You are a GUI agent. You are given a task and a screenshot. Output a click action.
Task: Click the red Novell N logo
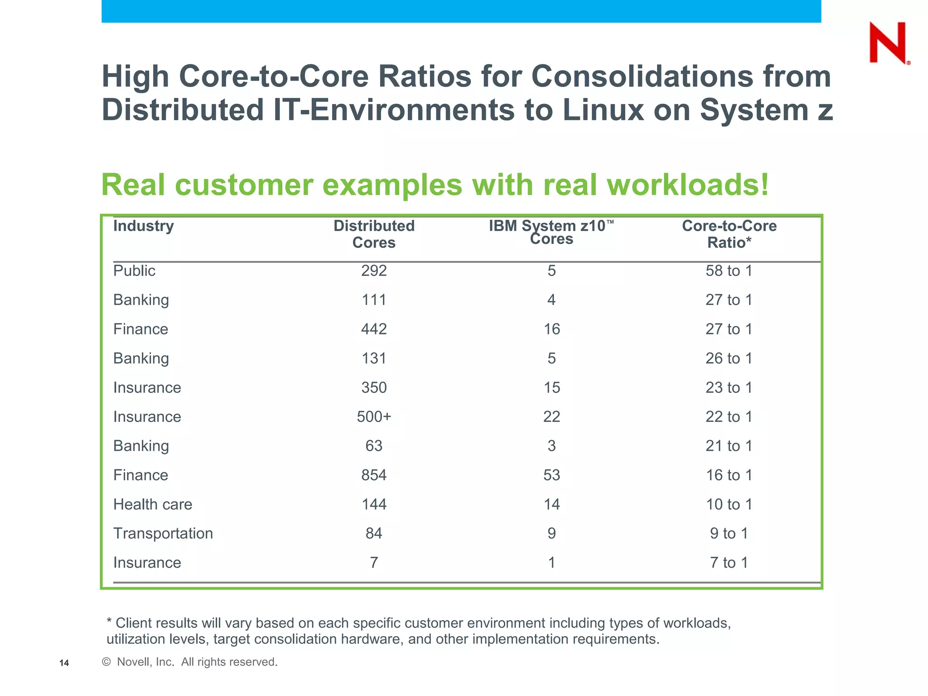coord(888,43)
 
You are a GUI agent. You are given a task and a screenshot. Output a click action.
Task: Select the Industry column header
coord(143,226)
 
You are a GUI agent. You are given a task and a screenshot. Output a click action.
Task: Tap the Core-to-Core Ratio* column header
coord(729,234)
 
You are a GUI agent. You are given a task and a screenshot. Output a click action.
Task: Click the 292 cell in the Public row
coord(374,271)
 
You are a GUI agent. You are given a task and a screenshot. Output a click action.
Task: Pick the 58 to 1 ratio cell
coord(729,271)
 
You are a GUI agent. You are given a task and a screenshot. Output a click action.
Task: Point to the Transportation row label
coord(163,533)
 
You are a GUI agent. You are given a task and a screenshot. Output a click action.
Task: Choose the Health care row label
coord(152,504)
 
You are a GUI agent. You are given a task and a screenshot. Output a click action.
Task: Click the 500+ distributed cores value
coord(374,417)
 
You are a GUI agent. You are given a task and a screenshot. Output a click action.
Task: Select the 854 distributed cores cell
coord(374,475)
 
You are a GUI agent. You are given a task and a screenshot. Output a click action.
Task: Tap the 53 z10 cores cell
coord(551,475)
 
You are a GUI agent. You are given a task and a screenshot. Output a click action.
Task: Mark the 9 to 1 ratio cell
coord(729,533)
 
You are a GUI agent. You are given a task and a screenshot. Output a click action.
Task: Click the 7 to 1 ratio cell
coord(729,563)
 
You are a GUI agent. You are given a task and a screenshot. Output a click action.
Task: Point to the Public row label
coord(134,271)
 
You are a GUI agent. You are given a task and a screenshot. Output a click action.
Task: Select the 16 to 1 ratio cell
coord(729,475)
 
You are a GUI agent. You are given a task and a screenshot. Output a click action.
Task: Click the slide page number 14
coord(64,663)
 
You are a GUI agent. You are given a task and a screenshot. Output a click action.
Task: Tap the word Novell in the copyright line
coord(133,662)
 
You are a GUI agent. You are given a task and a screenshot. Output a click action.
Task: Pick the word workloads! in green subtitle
coord(687,185)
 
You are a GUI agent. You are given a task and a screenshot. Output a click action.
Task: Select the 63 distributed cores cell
coord(374,446)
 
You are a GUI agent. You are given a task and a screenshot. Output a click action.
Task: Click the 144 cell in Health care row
coord(374,504)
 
